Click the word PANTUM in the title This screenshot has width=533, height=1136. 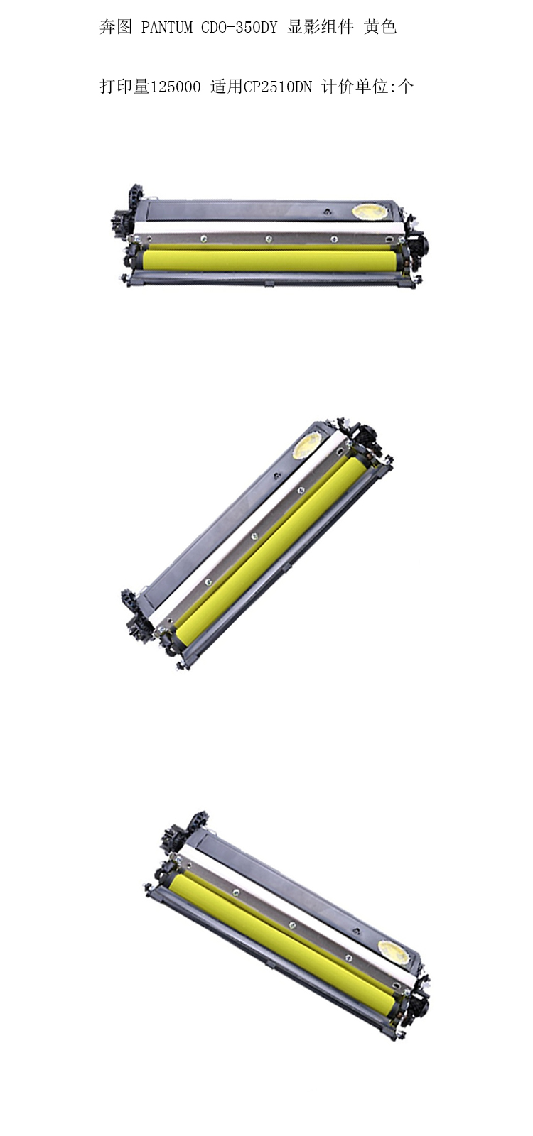point(166,27)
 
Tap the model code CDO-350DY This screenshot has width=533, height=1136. point(239,27)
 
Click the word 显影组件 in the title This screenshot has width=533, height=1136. point(320,27)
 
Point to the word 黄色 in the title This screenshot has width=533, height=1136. point(379,27)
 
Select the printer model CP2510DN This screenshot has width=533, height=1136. point(278,87)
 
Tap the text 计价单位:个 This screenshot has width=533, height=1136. point(367,87)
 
